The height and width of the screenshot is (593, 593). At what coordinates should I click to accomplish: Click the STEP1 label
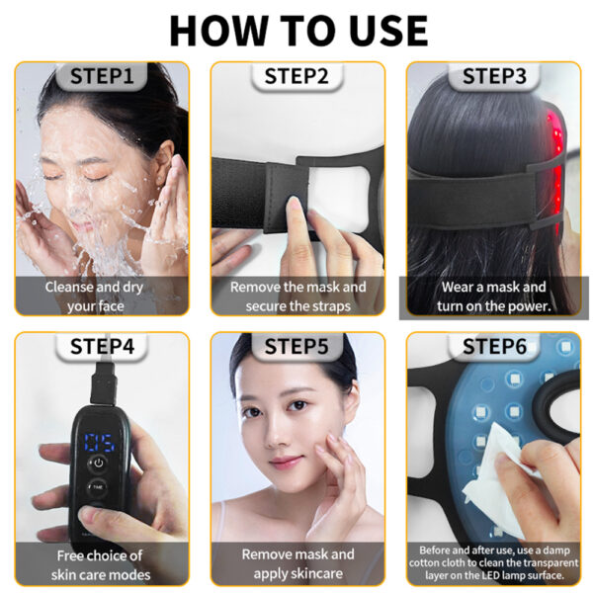[x=102, y=76]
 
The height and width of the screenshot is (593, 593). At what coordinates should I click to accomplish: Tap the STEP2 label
[x=296, y=76]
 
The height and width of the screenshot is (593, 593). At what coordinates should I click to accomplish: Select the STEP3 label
[x=494, y=76]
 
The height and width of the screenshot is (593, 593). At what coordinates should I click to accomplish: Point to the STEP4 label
[x=102, y=346]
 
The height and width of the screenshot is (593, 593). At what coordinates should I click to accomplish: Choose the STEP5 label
[x=296, y=346]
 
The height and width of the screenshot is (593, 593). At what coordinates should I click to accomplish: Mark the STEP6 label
[x=494, y=346]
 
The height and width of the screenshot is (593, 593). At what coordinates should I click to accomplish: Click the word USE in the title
[x=388, y=31]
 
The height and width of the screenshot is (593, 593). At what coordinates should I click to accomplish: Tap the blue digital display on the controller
[x=100, y=443]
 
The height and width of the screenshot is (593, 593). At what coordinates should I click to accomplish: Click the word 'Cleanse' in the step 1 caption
[x=69, y=287]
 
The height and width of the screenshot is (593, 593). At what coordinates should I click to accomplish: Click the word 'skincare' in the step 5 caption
[x=317, y=574]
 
